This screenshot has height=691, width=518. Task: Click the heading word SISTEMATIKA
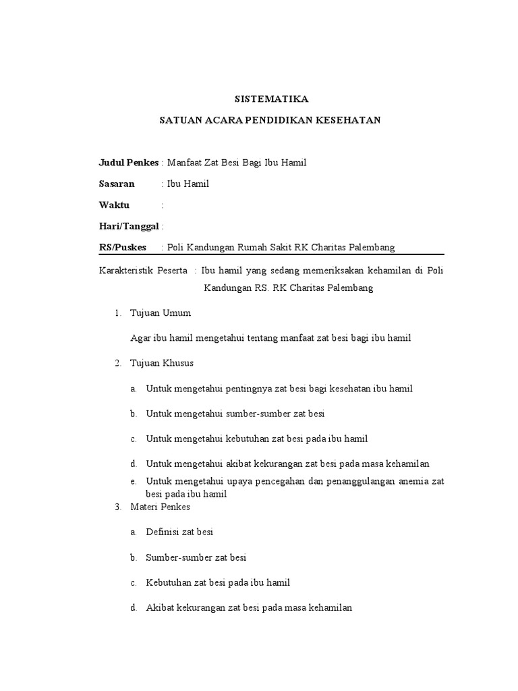pyautogui.click(x=270, y=99)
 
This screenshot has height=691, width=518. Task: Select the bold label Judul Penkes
pyautogui.click(x=128, y=163)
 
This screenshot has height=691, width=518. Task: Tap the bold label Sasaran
pyautogui.click(x=117, y=184)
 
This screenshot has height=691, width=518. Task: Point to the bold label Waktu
pyautogui.click(x=114, y=205)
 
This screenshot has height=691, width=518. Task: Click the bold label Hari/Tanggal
pyautogui.click(x=129, y=226)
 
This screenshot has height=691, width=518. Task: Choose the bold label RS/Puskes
pyautogui.click(x=122, y=248)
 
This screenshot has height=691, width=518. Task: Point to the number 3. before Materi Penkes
pyautogui.click(x=117, y=506)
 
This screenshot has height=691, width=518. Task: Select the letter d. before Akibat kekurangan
pyautogui.click(x=134, y=607)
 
